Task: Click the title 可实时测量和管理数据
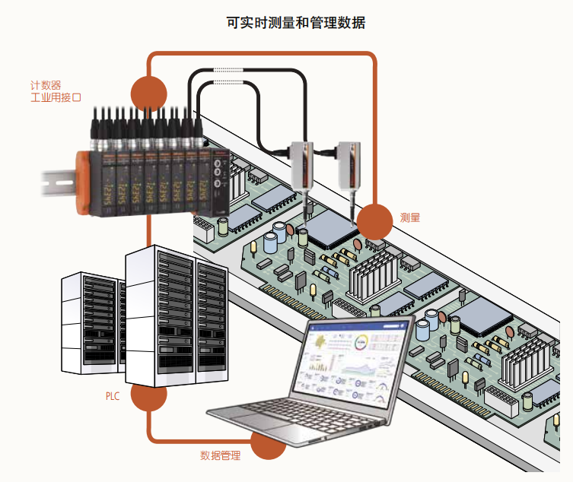click(x=296, y=23)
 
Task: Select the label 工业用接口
click(x=56, y=98)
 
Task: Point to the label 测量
click(x=410, y=217)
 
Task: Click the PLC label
click(x=113, y=396)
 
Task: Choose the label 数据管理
click(x=221, y=455)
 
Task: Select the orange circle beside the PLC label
click(x=148, y=395)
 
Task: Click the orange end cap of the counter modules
click(x=83, y=182)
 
